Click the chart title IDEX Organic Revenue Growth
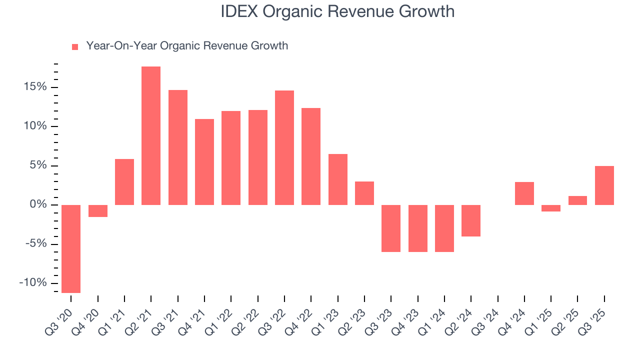point(337,11)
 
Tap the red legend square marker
point(75,46)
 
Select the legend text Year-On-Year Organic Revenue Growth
point(187,46)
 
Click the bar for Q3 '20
point(71,248)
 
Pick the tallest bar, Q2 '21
point(151,135)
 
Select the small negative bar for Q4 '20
point(98,210)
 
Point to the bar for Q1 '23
point(338,179)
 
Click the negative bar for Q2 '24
point(471,220)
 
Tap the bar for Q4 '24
point(524,193)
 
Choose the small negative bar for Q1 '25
point(551,208)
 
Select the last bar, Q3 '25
point(604,185)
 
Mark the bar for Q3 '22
point(284,147)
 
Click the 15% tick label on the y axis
point(34,87)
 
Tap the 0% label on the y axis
point(38,204)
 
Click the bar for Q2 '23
point(364,193)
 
